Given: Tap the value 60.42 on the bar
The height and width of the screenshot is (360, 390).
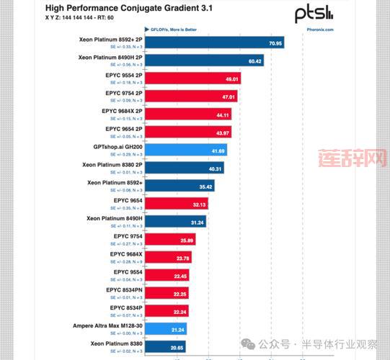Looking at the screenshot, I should (x=255, y=61).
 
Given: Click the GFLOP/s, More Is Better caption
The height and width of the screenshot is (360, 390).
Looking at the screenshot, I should (x=172, y=30).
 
